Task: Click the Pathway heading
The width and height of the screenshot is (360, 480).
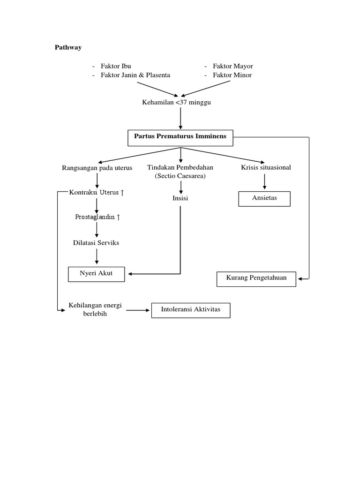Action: click(x=68, y=47)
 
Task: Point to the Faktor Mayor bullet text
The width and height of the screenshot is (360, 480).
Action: click(x=232, y=66)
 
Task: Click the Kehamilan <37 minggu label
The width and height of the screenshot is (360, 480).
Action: click(x=176, y=102)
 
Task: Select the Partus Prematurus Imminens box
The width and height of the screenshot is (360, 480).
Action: click(x=180, y=137)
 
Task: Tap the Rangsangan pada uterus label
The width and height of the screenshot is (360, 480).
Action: click(x=97, y=168)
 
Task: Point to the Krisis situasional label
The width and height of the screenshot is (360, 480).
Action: click(x=266, y=167)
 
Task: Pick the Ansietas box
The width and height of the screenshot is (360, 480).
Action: click(x=264, y=198)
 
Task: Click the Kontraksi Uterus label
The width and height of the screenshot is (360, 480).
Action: click(x=96, y=193)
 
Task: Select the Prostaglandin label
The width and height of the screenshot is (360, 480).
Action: click(x=97, y=217)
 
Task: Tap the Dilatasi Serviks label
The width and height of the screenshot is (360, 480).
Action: click(x=96, y=243)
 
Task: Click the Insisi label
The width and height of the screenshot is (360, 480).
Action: click(x=180, y=198)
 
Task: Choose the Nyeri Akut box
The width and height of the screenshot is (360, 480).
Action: click(x=96, y=274)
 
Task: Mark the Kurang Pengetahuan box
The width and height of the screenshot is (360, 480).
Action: click(x=256, y=278)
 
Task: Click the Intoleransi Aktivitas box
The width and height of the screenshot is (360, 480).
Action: click(x=190, y=310)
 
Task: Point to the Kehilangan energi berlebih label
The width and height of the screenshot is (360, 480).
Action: click(x=95, y=310)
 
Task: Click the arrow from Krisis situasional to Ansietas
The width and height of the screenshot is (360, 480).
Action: click(x=265, y=181)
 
